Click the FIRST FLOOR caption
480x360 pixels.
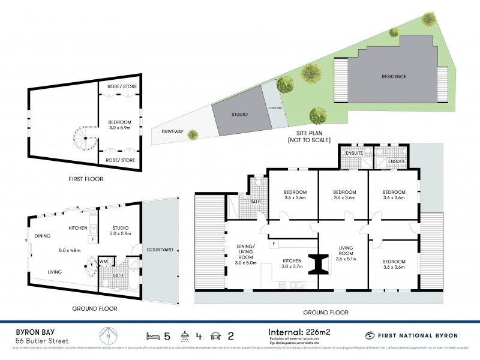pyautogui.click(x=86, y=179)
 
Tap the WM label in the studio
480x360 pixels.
pyautogui.click(x=103, y=261)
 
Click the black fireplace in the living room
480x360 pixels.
pyautogui.click(x=319, y=263)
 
